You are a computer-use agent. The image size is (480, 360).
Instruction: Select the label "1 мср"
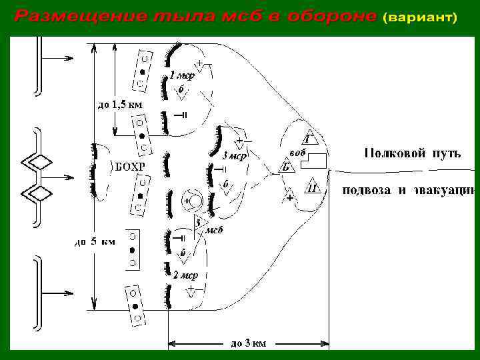pyautogui.click(x=181, y=75)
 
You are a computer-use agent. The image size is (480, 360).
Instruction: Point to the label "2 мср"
pyautogui.click(x=185, y=275)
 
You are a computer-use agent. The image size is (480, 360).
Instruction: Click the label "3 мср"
pyautogui.click(x=235, y=157)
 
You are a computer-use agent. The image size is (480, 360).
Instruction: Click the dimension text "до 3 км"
pyautogui.click(x=248, y=343)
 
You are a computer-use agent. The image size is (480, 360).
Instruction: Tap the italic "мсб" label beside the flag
pyautogui.click(x=213, y=230)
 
